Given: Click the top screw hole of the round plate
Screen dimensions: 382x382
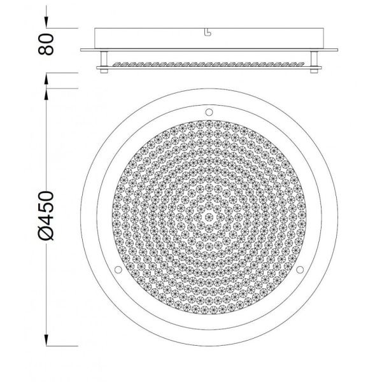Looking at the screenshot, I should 208,111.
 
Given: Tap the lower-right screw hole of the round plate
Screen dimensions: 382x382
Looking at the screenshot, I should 301,271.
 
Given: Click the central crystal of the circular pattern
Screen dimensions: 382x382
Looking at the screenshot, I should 208,216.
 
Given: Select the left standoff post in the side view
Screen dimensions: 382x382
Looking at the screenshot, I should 104,62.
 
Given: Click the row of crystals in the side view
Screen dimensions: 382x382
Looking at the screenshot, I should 208,65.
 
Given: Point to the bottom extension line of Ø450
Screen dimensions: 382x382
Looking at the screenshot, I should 64,346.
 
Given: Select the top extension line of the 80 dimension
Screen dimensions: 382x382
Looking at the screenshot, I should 64,28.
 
